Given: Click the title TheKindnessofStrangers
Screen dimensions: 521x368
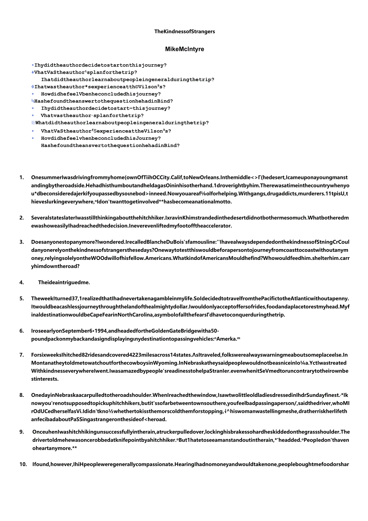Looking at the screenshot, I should pos(184,32).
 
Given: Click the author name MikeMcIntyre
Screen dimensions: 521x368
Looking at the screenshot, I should pos(184,49).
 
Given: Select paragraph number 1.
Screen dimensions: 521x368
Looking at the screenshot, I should pos(22,177).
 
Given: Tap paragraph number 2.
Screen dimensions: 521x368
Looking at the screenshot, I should pos(22,218).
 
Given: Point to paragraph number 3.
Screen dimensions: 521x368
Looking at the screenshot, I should pos(22,242).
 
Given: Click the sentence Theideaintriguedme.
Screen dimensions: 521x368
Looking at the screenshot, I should pos(64,282).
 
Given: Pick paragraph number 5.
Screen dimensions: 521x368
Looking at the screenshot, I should pos(22,298).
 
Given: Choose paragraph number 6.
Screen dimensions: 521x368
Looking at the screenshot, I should pos(22,331).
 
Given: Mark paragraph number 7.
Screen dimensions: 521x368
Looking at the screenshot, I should pos(22,355).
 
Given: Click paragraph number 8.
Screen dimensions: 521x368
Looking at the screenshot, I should pos(22,395).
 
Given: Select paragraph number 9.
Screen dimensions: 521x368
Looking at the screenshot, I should pos(22,432).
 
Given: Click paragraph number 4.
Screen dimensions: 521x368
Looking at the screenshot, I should pos(22,282).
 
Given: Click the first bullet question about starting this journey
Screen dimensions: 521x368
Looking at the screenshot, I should pos(100,65).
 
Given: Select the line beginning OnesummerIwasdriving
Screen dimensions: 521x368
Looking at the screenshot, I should pos(189,177).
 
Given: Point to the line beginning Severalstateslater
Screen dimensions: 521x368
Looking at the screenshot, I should pos(190,218).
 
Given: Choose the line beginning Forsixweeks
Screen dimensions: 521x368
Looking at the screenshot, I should pos(189,355).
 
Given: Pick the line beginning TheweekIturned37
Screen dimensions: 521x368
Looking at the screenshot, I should pos(190,298).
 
